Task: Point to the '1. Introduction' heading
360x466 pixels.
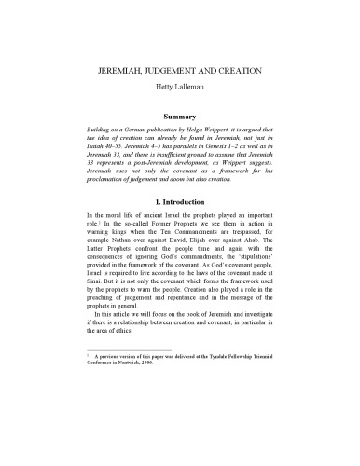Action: pos(179,225)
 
